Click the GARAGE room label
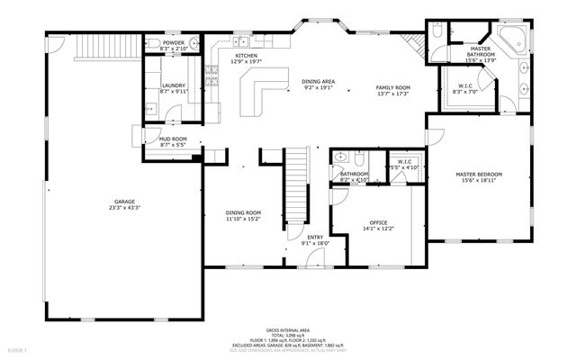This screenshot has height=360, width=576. (124, 201)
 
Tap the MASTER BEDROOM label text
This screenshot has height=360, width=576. (478, 174)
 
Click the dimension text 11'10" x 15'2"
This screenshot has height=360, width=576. (243, 218)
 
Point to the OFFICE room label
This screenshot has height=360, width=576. (378, 222)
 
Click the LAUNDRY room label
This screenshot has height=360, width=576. (173, 85)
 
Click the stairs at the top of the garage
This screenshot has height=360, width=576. (108, 45)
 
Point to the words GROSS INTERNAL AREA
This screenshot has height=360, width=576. (288, 330)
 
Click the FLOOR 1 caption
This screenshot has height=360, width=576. (18, 348)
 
